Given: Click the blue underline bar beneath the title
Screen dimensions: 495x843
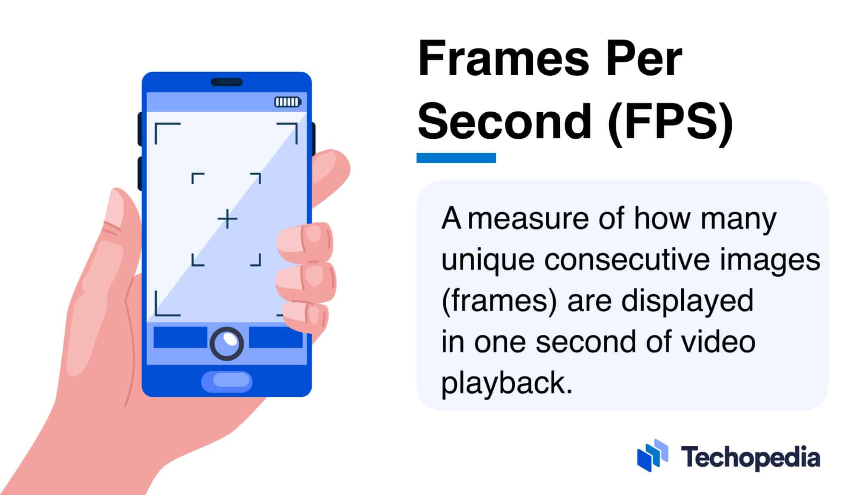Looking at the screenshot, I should pos(456,158).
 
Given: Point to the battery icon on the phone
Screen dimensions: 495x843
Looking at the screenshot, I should pos(288,102).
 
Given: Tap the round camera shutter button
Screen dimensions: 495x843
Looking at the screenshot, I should pos(227,343).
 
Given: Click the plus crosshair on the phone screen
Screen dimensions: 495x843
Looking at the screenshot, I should pos(227,219).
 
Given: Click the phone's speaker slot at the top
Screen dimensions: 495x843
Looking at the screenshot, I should pos(227,82).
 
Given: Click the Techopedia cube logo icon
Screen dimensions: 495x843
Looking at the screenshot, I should pos(652,456).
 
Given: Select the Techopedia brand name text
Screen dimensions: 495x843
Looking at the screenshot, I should pos(750,458).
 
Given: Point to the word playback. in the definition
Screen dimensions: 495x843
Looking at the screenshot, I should pos(507,383).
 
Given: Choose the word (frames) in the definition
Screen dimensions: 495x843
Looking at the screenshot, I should pos(499,301).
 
